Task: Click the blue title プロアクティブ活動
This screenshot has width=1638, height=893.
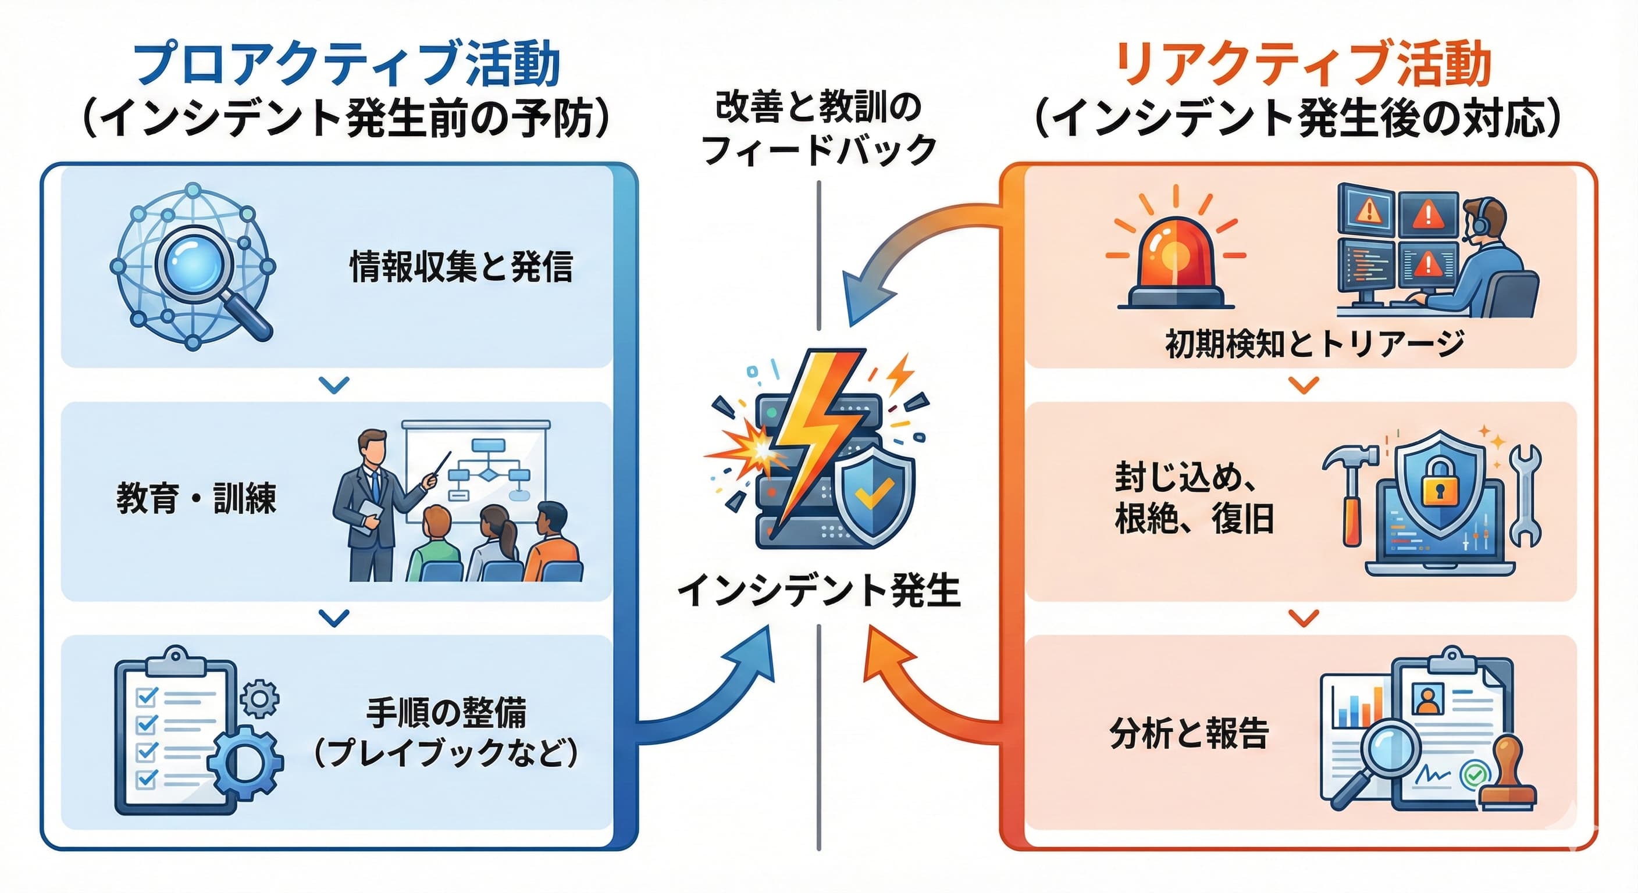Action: pos(347,63)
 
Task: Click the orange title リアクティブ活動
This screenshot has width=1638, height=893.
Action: pos(1304,63)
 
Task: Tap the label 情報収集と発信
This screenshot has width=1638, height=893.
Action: pos(461,267)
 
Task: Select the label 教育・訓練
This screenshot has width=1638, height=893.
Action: pos(196,499)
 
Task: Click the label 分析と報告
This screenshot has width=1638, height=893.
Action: pos(1189,733)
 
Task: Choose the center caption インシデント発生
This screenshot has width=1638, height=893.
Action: pos(818,591)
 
